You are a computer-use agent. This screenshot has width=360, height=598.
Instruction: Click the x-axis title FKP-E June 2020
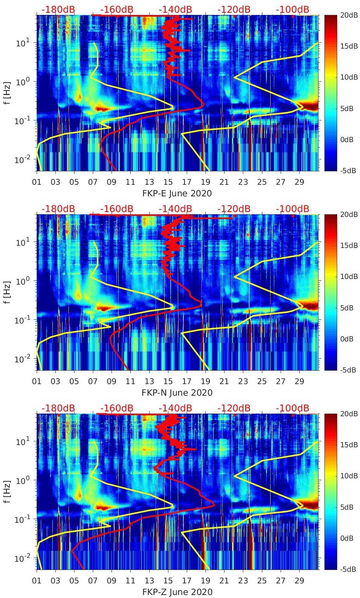[177, 193]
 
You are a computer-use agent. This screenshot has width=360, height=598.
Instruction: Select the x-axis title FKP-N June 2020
[177, 393]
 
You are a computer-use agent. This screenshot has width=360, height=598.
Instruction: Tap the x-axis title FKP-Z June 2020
[177, 592]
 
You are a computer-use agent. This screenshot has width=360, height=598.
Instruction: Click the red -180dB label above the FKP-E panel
[58, 9]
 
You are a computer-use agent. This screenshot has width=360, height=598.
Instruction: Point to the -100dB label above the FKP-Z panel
[293, 408]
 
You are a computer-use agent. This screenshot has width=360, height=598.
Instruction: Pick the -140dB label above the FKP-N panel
[175, 209]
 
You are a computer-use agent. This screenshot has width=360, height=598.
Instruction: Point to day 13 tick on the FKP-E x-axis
[149, 182]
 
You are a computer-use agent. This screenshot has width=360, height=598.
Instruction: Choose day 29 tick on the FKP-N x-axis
[299, 381]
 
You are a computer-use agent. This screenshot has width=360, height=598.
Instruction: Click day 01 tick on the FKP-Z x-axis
[37, 581]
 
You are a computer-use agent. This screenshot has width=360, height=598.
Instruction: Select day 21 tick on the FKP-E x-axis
[224, 182]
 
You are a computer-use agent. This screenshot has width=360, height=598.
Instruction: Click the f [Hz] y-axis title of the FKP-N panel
[8, 292]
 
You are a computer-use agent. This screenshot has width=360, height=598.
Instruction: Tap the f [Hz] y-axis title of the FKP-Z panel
[8, 492]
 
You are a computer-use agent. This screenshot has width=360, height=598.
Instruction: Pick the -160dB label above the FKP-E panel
[117, 9]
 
